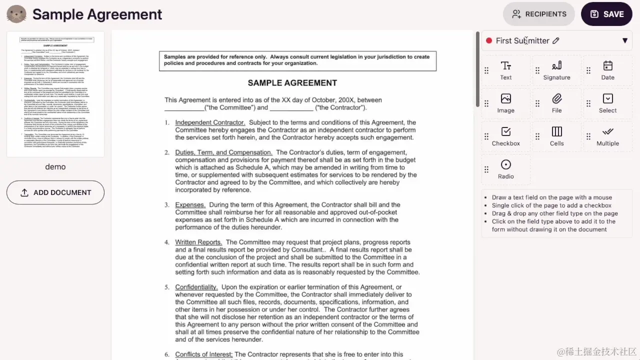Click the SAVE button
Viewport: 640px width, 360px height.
click(x=606, y=14)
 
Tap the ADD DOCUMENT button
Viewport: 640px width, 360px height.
click(x=55, y=192)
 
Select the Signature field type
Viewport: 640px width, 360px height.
click(x=556, y=70)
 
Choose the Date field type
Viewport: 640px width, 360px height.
click(x=607, y=70)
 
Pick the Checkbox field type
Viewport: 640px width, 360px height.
click(x=505, y=136)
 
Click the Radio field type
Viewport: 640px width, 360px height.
click(x=505, y=169)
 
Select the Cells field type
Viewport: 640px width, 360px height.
click(x=556, y=136)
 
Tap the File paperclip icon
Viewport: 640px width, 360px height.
click(x=556, y=98)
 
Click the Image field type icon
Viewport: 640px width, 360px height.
click(x=505, y=98)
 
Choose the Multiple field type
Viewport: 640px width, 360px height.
click(x=607, y=136)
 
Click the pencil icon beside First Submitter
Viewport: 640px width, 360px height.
click(x=556, y=40)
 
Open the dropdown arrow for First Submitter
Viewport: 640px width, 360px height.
click(x=624, y=40)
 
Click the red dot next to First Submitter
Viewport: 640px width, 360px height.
click(x=489, y=40)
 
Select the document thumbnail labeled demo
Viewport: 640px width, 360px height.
click(x=55, y=94)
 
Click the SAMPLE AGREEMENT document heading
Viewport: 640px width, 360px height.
click(x=292, y=83)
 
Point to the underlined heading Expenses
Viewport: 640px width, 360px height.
click(x=190, y=205)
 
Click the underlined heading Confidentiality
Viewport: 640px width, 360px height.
click(x=196, y=287)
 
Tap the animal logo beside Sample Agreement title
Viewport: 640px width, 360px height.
click(x=16, y=14)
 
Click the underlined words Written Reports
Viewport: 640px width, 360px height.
click(x=198, y=242)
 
